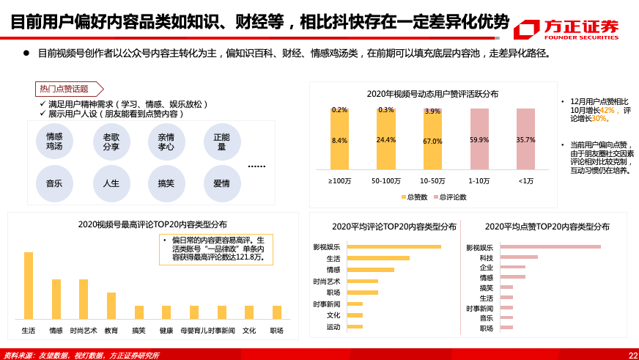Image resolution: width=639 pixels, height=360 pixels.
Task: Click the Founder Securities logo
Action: coord(565,29)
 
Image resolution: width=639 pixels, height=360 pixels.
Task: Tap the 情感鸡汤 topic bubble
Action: coord(54,142)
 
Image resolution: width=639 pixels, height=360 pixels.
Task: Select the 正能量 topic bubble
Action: coord(222,142)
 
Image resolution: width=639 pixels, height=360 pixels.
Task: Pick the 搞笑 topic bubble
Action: coord(166,183)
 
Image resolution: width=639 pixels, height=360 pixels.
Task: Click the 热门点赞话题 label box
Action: coord(64,89)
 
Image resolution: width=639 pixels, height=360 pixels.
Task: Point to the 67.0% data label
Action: coord(432,141)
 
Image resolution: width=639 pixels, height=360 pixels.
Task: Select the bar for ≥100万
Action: coord(339,139)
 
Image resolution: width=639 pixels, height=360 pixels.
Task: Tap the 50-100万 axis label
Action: coord(386,180)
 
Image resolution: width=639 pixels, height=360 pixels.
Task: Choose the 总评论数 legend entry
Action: coord(450,197)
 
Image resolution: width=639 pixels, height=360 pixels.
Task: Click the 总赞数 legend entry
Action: coord(415,197)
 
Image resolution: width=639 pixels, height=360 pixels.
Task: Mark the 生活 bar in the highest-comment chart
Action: coord(29,285)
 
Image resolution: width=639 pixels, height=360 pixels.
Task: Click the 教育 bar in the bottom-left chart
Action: coord(111,306)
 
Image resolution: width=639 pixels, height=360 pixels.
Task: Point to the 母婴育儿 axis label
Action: coord(193,331)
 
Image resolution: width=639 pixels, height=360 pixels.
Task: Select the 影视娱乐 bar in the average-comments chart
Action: coord(394,246)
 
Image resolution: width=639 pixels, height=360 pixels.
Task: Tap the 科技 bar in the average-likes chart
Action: coord(519,257)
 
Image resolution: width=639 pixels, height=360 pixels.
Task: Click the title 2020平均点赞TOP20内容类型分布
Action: coord(547,227)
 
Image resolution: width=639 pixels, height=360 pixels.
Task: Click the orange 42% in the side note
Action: coord(607,109)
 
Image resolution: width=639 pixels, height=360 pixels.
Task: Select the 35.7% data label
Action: coord(525,139)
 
